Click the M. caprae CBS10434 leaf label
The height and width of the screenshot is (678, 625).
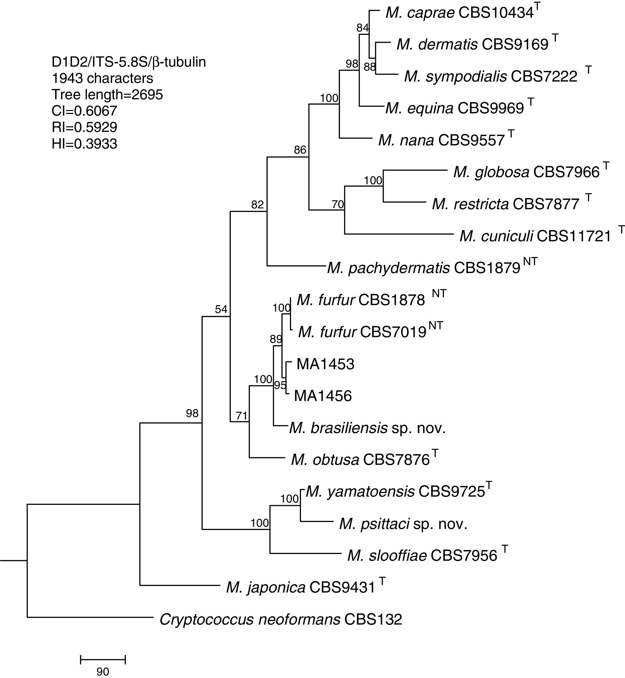pyautogui.click(x=459, y=13)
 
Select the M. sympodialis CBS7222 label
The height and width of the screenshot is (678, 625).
pyautogui.click(x=490, y=76)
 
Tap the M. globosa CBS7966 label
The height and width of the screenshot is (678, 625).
pyautogui.click(x=526, y=172)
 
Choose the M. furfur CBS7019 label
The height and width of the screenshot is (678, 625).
pyautogui.click(x=362, y=332)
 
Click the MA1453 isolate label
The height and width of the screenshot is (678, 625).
pyautogui.click(x=325, y=364)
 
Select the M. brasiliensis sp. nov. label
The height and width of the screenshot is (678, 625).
pyautogui.click(x=367, y=428)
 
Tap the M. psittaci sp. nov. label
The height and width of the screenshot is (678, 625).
pyautogui.click(x=403, y=524)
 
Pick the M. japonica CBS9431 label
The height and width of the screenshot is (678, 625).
pyautogui.click(x=301, y=588)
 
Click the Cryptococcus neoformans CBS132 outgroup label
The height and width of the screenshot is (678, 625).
pyautogui.click(x=281, y=620)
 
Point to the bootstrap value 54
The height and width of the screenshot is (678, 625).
pyautogui.click(x=221, y=309)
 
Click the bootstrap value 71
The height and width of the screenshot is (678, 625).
pyautogui.click(x=241, y=416)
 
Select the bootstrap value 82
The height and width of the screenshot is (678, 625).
pyautogui.click(x=257, y=205)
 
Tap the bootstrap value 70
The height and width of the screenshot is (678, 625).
pyautogui.click(x=338, y=204)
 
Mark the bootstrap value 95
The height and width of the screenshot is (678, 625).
pyautogui.click(x=280, y=385)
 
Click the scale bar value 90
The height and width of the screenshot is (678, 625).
pyautogui.click(x=103, y=672)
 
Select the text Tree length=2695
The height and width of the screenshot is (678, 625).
pyautogui.click(x=107, y=95)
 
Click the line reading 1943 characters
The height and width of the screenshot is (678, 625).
pyautogui.click(x=102, y=78)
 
